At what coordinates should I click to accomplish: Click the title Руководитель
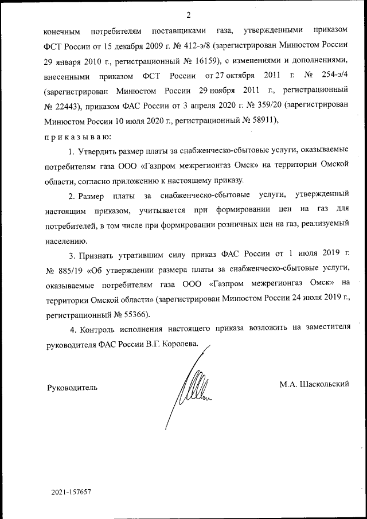(72, 387)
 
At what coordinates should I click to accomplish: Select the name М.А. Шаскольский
(314, 383)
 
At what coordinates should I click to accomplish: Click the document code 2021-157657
(71, 492)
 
